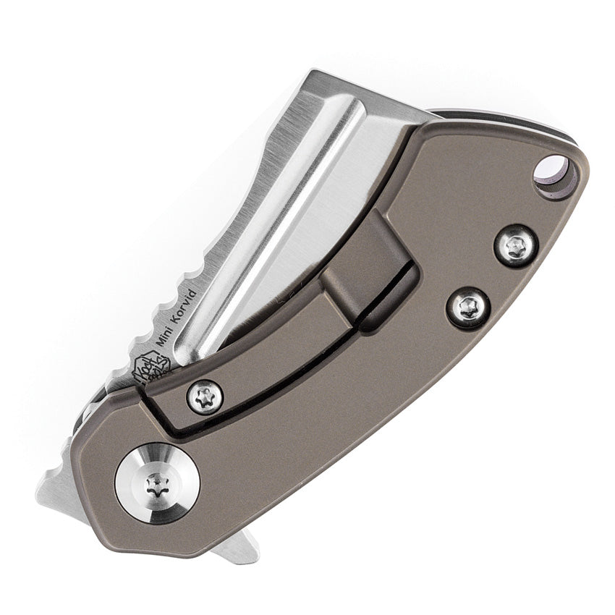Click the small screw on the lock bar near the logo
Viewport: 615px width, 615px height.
[x=205, y=398]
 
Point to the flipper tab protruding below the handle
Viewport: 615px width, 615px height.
[x=239, y=546]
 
